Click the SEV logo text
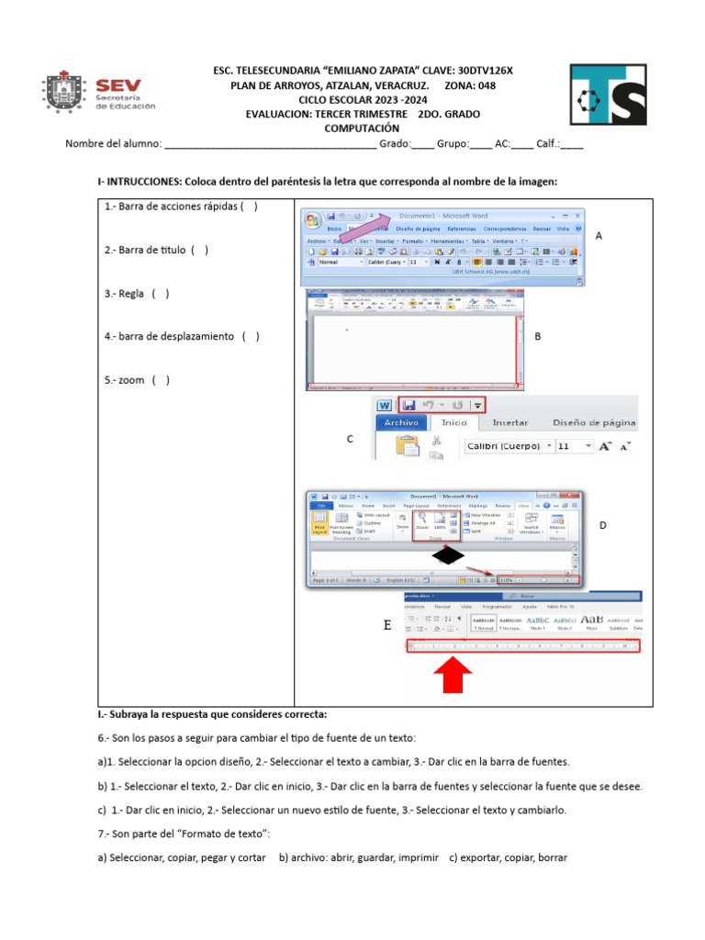tap(125, 84)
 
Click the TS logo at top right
tap(608, 95)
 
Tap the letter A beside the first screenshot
tap(599, 236)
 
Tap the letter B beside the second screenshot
tap(538, 337)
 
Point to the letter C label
tap(350, 439)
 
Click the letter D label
tap(603, 525)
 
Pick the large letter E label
tap(387, 627)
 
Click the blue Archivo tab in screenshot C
tap(401, 423)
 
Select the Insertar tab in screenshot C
tap(509, 423)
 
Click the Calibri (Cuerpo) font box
tap(504, 446)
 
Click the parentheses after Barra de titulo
tap(199, 250)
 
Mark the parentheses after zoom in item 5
tap(161, 380)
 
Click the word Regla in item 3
tap(131, 294)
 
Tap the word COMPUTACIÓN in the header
tap(363, 129)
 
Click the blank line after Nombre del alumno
tap(270, 144)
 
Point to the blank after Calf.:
tap(571, 144)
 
